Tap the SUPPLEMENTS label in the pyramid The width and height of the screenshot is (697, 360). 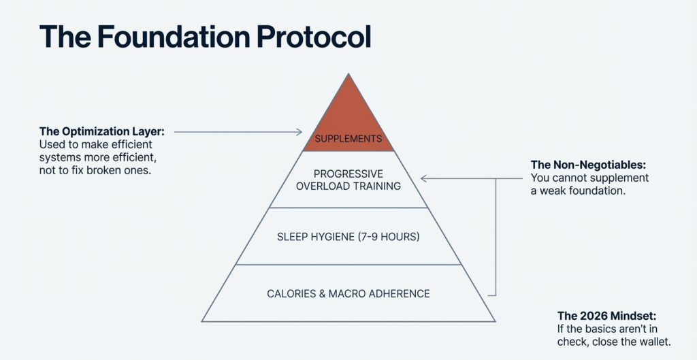point(348,139)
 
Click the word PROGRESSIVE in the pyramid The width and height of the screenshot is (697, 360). point(348,174)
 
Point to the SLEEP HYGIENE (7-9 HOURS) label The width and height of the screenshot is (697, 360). point(348,238)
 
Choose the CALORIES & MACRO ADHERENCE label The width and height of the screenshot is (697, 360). point(348,294)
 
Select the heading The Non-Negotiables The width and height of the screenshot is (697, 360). point(587,165)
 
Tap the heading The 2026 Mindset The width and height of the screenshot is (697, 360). point(606,316)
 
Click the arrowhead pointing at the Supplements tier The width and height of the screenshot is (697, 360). point(299,131)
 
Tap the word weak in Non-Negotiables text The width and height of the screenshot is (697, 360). point(553,191)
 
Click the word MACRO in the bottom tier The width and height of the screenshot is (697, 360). point(348,294)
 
